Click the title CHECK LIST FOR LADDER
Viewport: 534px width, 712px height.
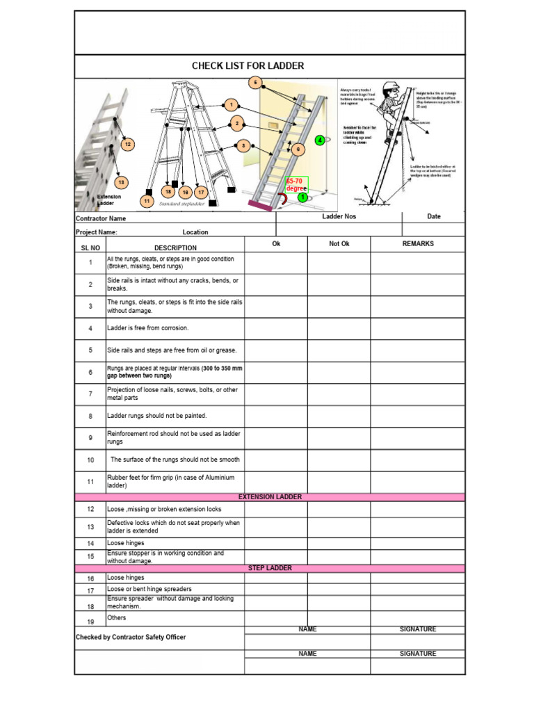(248, 66)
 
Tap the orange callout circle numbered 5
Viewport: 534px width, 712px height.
(255, 83)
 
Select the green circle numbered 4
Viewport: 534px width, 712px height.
(320, 140)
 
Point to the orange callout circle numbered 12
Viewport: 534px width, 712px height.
(127, 144)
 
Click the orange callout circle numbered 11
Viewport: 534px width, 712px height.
(147, 201)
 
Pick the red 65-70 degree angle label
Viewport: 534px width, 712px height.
(296, 185)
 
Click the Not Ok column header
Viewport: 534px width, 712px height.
(339, 244)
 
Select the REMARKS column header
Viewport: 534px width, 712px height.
(417, 244)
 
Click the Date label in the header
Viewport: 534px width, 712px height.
(434, 216)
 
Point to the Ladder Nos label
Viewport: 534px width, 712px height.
(339, 217)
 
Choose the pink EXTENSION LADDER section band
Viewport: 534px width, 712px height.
(270, 497)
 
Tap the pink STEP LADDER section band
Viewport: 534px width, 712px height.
(270, 568)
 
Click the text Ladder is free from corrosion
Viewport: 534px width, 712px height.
(147, 328)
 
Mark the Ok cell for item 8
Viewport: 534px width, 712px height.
(275, 416)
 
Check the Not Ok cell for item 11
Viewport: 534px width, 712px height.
(339, 482)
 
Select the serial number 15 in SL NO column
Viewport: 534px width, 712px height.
(90, 556)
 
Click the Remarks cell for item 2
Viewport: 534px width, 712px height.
(417, 284)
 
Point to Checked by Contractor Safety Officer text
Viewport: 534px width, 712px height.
(131, 637)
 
